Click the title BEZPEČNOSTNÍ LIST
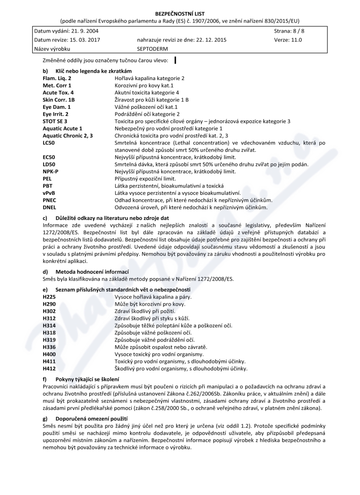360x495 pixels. click(x=180, y=13)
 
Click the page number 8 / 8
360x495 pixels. click(x=295, y=31)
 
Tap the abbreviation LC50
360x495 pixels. click(x=49, y=143)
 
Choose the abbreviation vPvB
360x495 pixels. click(x=49, y=193)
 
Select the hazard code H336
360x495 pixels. click(x=49, y=346)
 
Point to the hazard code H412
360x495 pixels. click(x=49, y=368)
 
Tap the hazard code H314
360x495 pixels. click(x=49, y=325)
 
